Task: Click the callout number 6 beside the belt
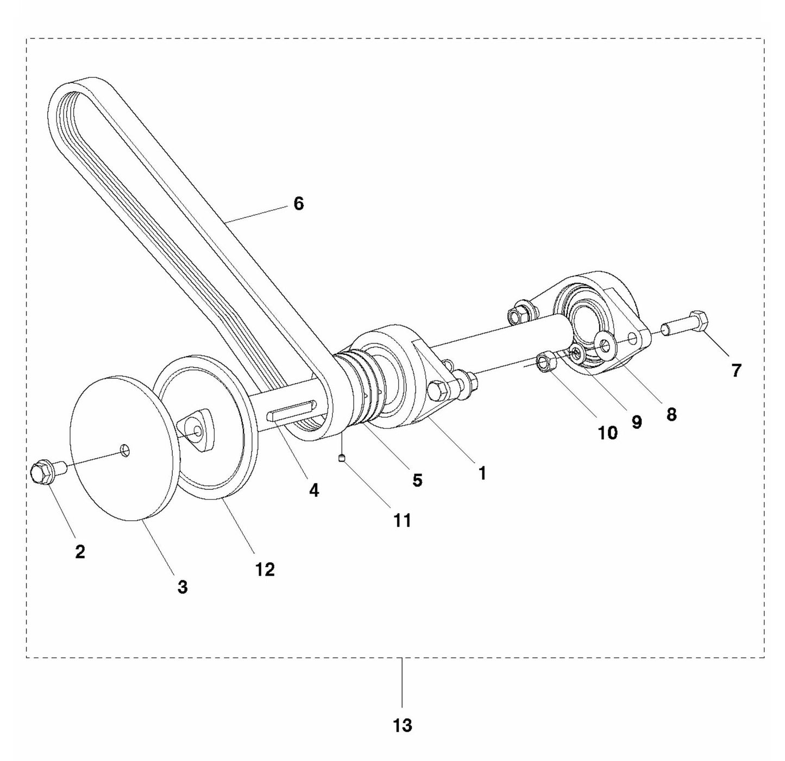coord(298,204)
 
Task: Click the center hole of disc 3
coord(125,450)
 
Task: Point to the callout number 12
coord(265,569)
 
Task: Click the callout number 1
coord(481,473)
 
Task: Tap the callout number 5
coord(417,480)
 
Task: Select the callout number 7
coord(736,371)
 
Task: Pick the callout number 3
coord(183,587)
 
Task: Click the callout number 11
coord(402,520)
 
